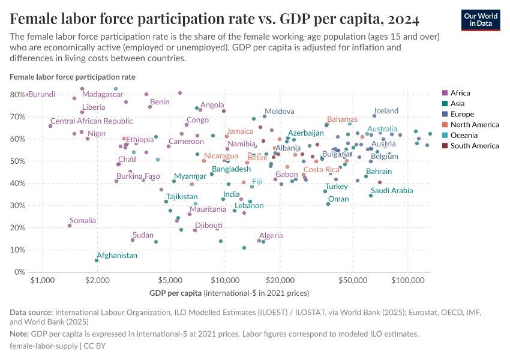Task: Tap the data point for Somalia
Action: point(70,226)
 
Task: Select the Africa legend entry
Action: point(460,93)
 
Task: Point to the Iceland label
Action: point(386,111)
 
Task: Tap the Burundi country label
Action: point(42,94)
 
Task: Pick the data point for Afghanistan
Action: point(97,260)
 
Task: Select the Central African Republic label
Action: point(92,121)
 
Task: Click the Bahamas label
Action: point(342,119)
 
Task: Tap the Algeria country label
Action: point(271,236)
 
